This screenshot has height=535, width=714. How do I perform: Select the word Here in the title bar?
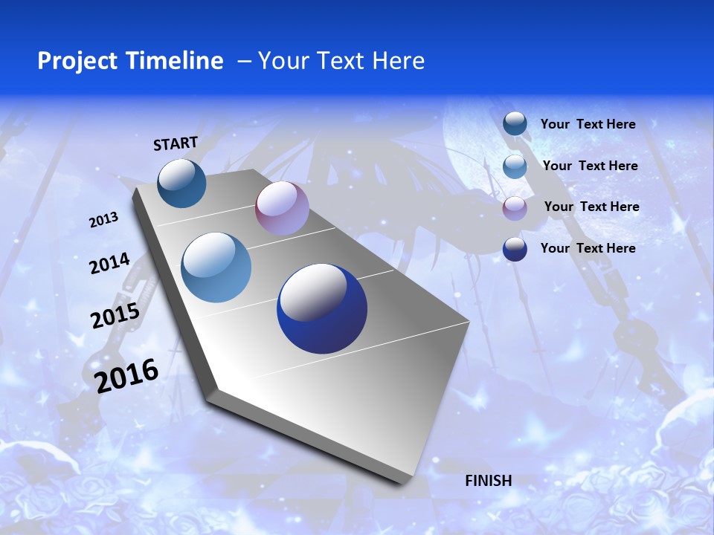coord(398,61)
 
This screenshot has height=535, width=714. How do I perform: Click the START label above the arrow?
coord(176,143)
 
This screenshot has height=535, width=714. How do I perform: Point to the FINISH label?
coord(488,481)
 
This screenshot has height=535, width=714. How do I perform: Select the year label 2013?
coord(103,220)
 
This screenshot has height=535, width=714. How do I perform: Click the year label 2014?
coord(109,264)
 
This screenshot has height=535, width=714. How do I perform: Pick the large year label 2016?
coord(126,376)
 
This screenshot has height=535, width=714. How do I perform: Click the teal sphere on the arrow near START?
coord(182,183)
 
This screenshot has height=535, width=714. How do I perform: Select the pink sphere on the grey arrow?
coord(282,208)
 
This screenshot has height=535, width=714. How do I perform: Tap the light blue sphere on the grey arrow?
coord(216,267)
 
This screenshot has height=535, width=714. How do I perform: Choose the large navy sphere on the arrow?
coord(322,308)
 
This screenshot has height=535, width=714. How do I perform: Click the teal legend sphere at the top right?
coord(515,124)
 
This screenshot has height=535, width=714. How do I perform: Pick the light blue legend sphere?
coord(515,166)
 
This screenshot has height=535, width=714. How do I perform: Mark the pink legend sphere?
coord(515,207)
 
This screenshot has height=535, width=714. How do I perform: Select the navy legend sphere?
coord(515,249)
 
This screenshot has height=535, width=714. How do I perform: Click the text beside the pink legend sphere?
coord(591,207)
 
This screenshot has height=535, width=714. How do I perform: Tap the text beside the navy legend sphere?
coord(588,248)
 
